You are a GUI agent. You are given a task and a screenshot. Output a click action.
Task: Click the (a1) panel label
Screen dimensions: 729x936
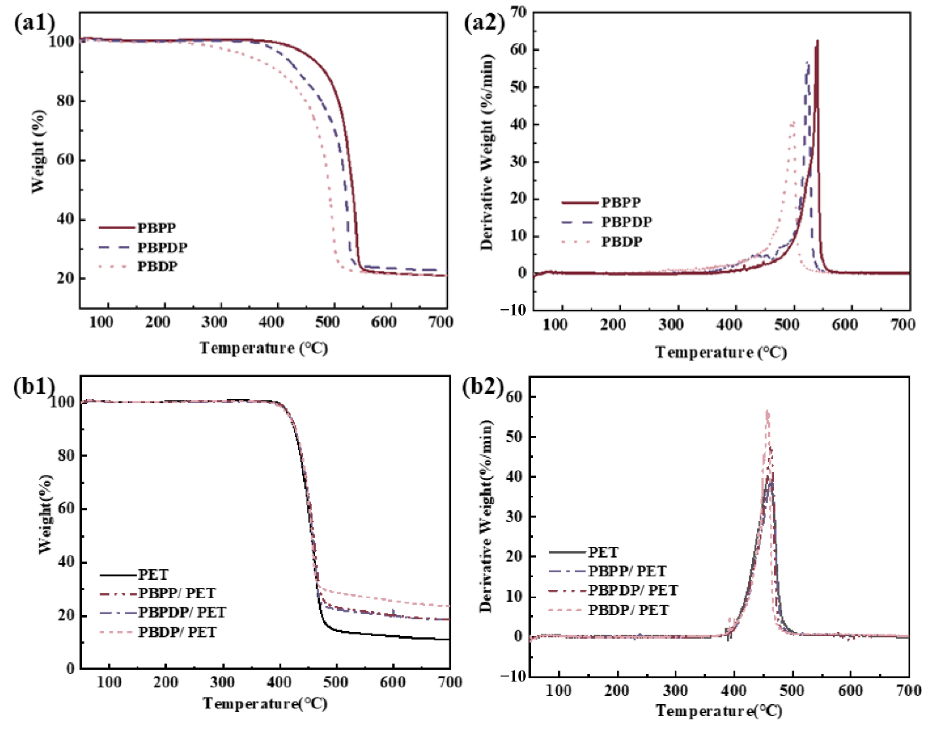34,22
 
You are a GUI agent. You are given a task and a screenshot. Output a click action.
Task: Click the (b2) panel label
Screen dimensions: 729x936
482,386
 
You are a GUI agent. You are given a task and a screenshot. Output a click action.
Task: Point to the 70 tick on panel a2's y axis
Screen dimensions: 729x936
518,13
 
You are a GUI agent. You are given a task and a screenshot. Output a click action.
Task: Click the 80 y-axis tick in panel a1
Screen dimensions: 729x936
65,101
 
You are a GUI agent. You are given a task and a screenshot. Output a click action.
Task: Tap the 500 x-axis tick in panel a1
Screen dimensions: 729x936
327,322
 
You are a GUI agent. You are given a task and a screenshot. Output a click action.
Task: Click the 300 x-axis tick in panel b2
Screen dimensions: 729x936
676,690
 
